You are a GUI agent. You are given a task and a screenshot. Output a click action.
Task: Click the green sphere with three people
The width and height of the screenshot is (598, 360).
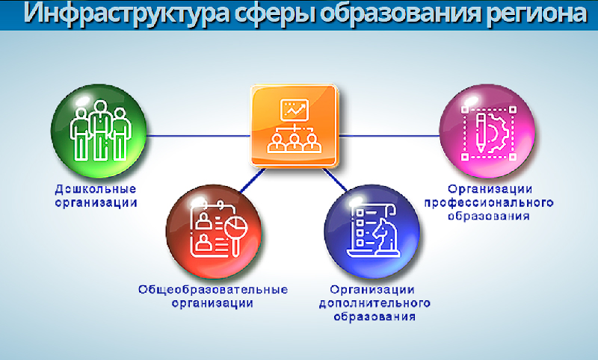pyautogui.click(x=99, y=131)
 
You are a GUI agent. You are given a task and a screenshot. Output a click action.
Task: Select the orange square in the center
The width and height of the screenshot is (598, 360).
pyautogui.click(x=294, y=125)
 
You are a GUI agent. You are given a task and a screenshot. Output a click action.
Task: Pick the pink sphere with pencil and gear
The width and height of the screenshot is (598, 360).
pyautogui.click(x=487, y=131)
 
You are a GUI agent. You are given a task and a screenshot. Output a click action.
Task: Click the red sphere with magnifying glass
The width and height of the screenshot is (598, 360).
pyautogui.click(x=214, y=232)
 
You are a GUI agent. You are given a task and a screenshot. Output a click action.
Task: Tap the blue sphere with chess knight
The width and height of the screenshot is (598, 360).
pyautogui.click(x=372, y=232)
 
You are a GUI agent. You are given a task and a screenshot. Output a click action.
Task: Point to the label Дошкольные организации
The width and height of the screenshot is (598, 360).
pyautogui.click(x=96, y=196)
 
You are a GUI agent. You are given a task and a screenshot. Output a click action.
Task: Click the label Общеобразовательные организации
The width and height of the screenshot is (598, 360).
pyautogui.click(x=213, y=296)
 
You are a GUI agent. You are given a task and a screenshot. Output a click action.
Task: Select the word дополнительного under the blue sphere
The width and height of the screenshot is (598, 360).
pyautogui.click(x=374, y=303)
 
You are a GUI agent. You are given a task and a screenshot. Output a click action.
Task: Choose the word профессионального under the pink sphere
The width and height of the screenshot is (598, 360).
pyautogui.click(x=489, y=202)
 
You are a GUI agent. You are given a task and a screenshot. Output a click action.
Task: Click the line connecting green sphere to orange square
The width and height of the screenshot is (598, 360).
pyautogui.click(x=199, y=136)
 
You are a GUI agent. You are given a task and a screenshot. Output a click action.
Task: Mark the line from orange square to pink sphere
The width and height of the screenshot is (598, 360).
pyautogui.click(x=389, y=136)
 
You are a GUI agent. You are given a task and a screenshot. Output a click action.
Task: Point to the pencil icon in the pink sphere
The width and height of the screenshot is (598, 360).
pyautogui.click(x=481, y=132)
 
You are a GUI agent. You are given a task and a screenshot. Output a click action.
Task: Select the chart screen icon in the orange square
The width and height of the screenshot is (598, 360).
pyautogui.click(x=294, y=110)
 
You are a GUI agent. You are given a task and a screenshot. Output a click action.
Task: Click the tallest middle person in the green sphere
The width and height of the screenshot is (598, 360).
pyautogui.click(x=100, y=130)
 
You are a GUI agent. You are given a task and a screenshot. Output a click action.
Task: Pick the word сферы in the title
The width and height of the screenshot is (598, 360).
pyautogui.click(x=274, y=13)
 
